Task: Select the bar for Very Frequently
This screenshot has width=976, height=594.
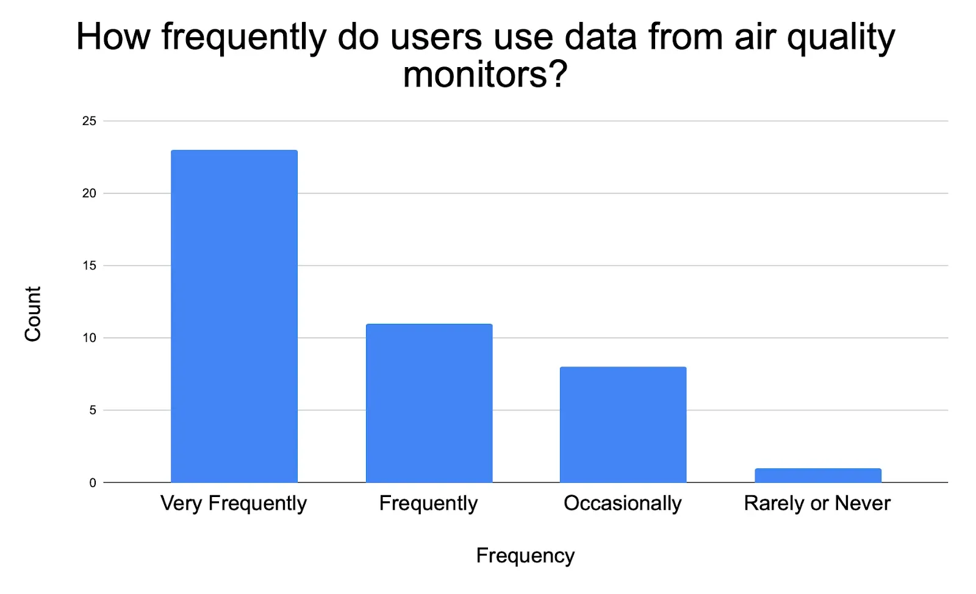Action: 234,316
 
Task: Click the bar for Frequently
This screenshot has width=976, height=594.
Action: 429,403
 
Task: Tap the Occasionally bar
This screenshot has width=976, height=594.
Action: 623,424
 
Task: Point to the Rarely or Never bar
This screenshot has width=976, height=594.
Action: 817,476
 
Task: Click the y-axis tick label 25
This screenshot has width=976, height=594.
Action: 89,121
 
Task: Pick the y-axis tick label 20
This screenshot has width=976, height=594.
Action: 89,193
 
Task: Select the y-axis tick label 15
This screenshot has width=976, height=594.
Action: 89,266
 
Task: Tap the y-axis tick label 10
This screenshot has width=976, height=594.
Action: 89,338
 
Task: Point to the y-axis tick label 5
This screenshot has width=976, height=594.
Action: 93,410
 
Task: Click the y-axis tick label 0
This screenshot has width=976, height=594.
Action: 93,483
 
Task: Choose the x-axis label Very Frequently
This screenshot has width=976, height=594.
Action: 234,504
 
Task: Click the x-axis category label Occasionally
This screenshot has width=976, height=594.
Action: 623,504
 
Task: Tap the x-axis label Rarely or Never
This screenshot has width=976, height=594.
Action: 817,504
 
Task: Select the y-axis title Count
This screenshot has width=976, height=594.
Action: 33,314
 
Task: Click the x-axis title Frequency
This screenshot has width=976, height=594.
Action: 525,556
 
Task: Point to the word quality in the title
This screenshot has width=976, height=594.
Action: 841,38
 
